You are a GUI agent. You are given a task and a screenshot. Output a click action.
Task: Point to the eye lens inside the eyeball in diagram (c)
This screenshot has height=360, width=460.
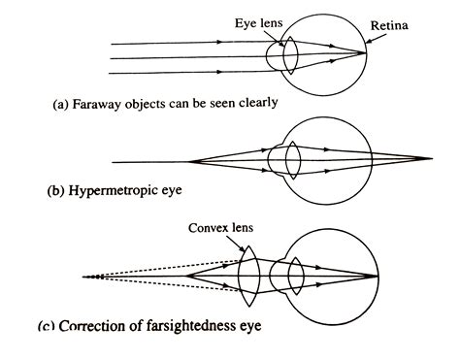(x=297, y=275)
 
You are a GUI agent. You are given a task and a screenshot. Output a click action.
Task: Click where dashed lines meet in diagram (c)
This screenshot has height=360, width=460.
(x=85, y=276)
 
